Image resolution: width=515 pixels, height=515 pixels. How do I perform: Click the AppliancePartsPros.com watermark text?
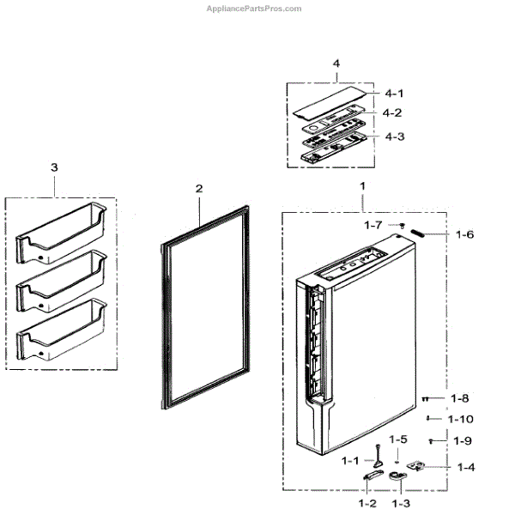point(254,9)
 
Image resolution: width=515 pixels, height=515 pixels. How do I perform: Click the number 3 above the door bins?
point(54,167)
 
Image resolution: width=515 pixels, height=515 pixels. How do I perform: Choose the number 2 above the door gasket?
point(198,188)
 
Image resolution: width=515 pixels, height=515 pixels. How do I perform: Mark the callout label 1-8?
point(460,398)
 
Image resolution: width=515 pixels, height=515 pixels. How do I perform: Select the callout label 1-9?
point(461,440)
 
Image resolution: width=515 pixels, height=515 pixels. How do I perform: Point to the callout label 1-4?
point(466,468)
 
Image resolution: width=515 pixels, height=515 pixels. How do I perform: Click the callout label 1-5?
point(397,439)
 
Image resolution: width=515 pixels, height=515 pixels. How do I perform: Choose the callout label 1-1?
point(350,461)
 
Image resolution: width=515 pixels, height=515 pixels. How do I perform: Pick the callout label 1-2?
point(368,502)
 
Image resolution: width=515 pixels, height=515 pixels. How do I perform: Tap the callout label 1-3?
point(400,502)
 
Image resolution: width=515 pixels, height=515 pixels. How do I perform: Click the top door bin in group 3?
point(61,229)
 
